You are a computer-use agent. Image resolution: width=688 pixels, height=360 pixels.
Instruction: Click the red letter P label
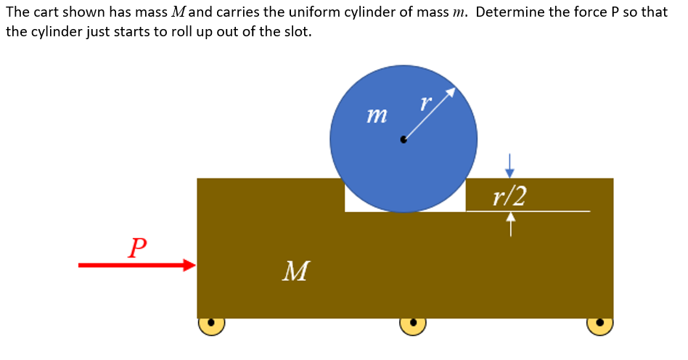tap(136, 247)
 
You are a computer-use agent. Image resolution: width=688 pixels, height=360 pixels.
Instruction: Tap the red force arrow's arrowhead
tap(190, 266)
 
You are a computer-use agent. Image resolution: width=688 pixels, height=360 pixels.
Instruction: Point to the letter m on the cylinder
tap(377, 115)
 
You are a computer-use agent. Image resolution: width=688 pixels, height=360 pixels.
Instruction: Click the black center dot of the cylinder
tap(404, 139)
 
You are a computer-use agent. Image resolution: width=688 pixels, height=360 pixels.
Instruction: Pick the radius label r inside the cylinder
tap(425, 103)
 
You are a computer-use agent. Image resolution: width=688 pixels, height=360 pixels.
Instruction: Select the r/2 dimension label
tap(509, 195)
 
